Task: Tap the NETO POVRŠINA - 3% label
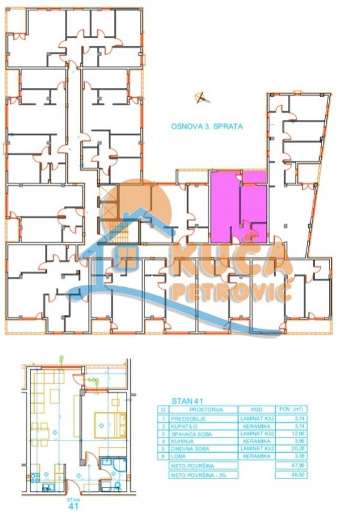pyautogui.click(x=196, y=474)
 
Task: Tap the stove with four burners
pyautogui.click(x=35, y=478)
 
